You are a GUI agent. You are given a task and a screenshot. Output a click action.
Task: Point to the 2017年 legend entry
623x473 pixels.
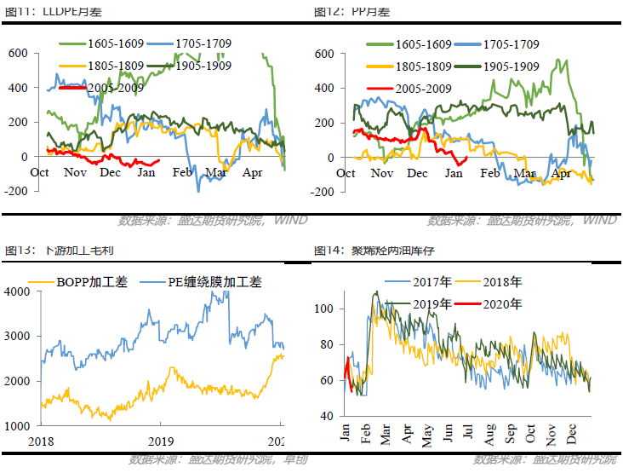tap(417, 282)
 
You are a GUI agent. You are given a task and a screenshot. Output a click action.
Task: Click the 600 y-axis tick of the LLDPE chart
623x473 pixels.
tap(19, 53)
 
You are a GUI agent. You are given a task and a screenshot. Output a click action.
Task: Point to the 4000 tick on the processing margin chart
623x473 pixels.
tap(17, 291)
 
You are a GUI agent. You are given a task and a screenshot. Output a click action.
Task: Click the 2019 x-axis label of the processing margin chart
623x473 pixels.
tap(160, 441)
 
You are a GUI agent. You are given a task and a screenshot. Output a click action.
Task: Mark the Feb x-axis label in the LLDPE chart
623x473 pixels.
tap(182, 173)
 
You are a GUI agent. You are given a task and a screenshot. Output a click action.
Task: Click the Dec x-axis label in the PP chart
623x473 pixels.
tap(417, 173)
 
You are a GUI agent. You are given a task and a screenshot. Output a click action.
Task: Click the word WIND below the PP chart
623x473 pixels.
tap(599, 221)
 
